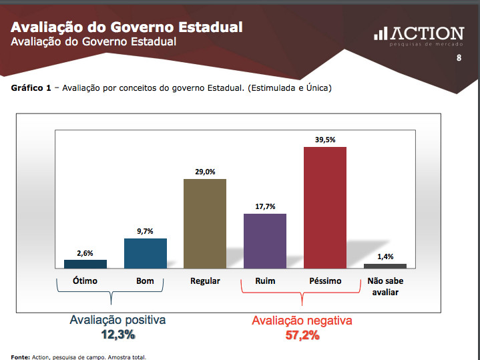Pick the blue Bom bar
tap(145, 253)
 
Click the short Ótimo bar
tap(85, 264)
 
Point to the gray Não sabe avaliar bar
tap(385, 266)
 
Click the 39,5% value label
tap(325, 139)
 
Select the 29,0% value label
tap(205, 172)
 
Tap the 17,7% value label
tap(265, 206)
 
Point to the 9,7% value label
tap(145, 231)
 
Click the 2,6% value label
tap(85, 252)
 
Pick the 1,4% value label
tap(385, 256)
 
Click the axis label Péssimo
tap(325, 281)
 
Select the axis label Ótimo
tap(85, 281)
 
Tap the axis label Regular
tap(205, 281)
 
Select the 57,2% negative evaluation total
tap(302, 335)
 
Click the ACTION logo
tap(419, 35)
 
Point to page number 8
tap(459, 58)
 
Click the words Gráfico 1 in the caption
tap(31, 88)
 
